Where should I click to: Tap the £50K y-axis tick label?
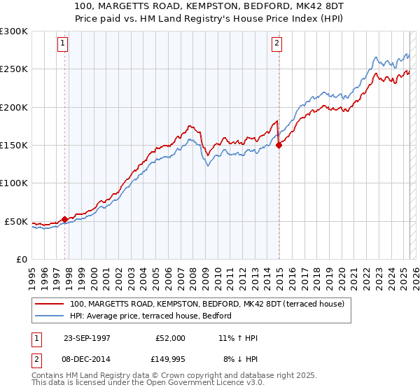coord(16,221)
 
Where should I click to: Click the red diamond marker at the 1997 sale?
coord(65,219)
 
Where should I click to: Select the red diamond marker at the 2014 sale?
coord(279,145)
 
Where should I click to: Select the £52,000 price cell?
coord(171,338)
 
